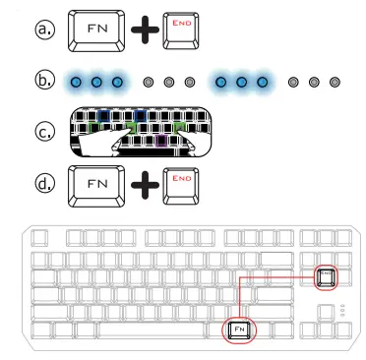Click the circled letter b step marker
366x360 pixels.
(x=44, y=80)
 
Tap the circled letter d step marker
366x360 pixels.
(x=44, y=183)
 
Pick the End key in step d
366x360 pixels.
(x=181, y=183)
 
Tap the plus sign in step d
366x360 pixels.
(x=144, y=184)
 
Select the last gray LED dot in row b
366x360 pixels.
(x=336, y=81)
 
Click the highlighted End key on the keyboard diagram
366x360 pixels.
(x=327, y=276)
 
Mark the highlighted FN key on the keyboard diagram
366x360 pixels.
(x=239, y=330)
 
